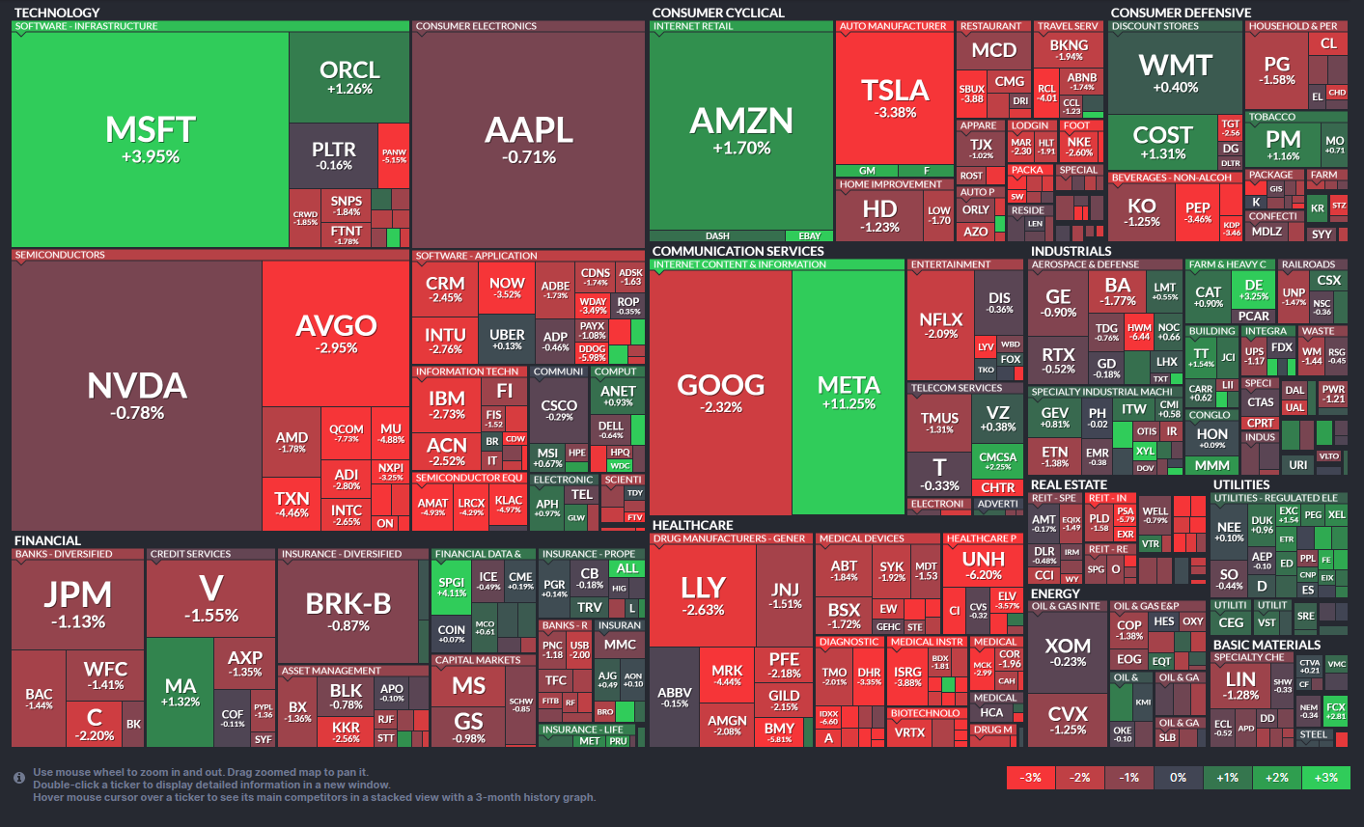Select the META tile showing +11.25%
[849, 392]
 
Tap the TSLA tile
[895, 98]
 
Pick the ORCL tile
[348, 77]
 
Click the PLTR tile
[333, 154]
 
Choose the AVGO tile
[336, 333]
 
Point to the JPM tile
[78, 603]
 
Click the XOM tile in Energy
[1068, 651]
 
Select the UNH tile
[983, 565]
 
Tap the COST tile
[1162, 141]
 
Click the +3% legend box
[1326, 778]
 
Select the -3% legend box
[1031, 778]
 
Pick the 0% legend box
[1179, 778]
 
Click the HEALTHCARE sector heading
[692, 526]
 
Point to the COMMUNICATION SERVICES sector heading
[738, 251]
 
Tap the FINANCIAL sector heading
[47, 540]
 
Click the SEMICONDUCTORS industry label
[60, 256]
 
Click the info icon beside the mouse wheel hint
[19, 778]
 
